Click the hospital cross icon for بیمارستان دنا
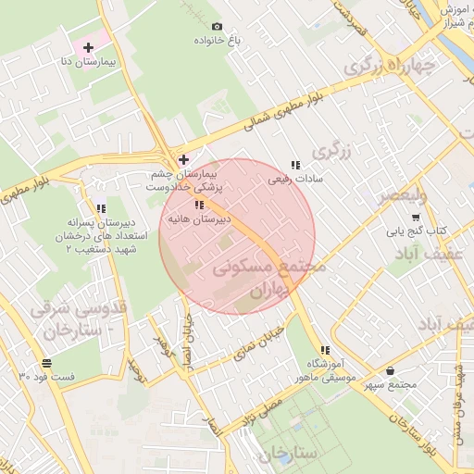89,46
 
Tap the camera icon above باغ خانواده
217,27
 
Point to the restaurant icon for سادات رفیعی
294,165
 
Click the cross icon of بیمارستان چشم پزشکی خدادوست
183,159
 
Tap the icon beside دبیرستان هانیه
199,206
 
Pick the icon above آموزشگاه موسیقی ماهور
325,350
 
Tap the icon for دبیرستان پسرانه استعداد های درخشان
101,208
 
